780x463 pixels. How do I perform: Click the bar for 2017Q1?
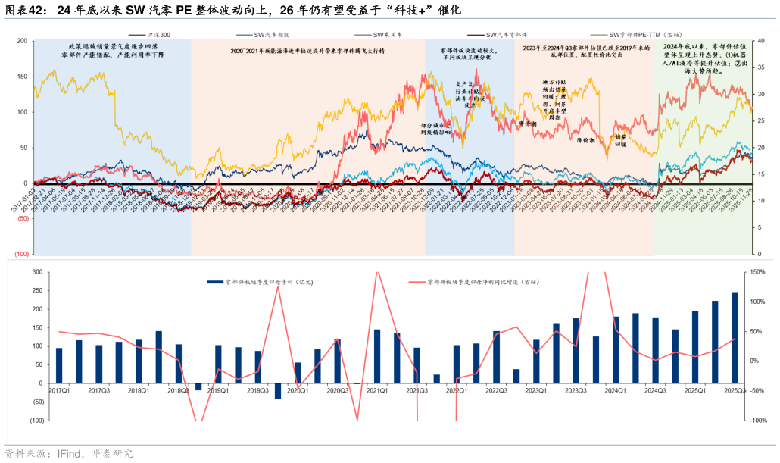[x=59, y=365]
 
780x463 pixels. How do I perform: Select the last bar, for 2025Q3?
[x=735, y=337]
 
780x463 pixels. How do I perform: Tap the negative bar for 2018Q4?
[x=198, y=386]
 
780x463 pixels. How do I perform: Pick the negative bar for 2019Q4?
[x=278, y=390]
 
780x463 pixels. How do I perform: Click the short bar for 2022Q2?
[x=436, y=378]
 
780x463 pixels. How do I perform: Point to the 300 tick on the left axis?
[x=36, y=272]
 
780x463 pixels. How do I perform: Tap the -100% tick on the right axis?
[x=757, y=420]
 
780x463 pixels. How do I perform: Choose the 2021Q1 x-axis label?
[x=376, y=391]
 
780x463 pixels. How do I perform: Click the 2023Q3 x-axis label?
[x=576, y=391]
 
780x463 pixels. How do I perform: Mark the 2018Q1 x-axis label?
[x=139, y=391]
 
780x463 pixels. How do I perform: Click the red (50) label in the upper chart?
[x=23, y=219]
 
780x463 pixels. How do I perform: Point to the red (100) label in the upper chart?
[x=21, y=255]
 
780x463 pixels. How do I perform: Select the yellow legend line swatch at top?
[x=599, y=35]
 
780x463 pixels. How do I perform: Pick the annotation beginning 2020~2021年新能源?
[x=307, y=51]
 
